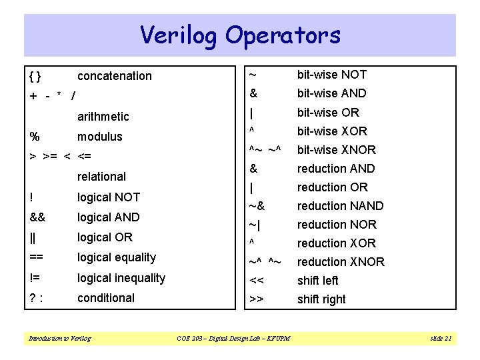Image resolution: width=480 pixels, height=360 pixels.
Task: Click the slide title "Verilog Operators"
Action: click(240, 35)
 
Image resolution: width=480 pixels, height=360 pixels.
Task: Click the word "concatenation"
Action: click(114, 76)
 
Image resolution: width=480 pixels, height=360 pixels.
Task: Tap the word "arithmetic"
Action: click(103, 117)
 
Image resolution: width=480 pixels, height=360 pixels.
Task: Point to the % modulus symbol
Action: click(35, 137)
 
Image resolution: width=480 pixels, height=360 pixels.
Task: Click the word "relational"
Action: click(101, 177)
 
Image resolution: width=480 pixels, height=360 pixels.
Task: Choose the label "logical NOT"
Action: click(109, 197)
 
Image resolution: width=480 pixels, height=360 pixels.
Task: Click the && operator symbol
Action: click(37, 217)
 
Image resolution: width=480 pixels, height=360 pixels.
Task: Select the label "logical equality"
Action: click(117, 257)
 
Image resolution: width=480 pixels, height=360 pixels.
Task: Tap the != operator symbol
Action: click(35, 278)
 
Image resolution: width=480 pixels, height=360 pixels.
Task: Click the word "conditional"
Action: click(106, 298)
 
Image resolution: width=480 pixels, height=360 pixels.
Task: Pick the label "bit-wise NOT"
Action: click(331, 75)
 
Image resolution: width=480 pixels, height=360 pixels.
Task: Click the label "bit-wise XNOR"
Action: click(336, 150)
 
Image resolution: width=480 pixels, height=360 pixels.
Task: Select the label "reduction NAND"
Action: click(340, 206)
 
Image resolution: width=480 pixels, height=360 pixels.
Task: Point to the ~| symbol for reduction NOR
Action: click(257, 225)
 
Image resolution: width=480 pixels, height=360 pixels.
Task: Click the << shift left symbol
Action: click(257, 281)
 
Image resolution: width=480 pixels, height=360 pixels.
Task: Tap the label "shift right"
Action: click(321, 299)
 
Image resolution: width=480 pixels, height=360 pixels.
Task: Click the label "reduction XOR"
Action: click(336, 243)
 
